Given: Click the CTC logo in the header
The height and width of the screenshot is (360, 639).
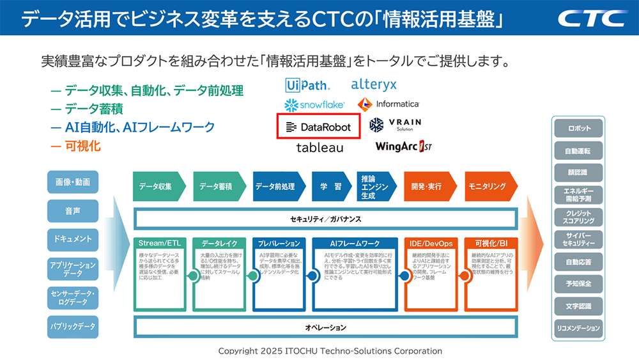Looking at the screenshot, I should coord(591,18).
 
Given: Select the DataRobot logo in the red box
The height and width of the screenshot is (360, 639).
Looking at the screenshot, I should coord(318,127).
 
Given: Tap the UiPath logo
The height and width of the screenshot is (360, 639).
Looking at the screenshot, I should coord(308,85).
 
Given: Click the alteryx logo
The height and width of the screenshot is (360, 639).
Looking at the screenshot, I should coord(374,84).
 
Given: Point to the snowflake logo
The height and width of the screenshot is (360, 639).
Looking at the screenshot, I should coord(314,104).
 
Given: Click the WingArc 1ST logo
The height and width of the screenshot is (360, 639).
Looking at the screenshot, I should coord(404,146).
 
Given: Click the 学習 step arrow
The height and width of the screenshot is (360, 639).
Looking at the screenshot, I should coord(330,187).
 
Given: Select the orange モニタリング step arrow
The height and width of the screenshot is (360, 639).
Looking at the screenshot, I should coord(489,187).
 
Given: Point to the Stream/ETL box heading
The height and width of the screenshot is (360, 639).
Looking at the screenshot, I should coord(160,244).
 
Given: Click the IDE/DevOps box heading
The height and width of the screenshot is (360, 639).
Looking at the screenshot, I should coord(431,244).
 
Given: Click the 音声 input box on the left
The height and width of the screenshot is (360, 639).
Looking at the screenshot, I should coord(72,210).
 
